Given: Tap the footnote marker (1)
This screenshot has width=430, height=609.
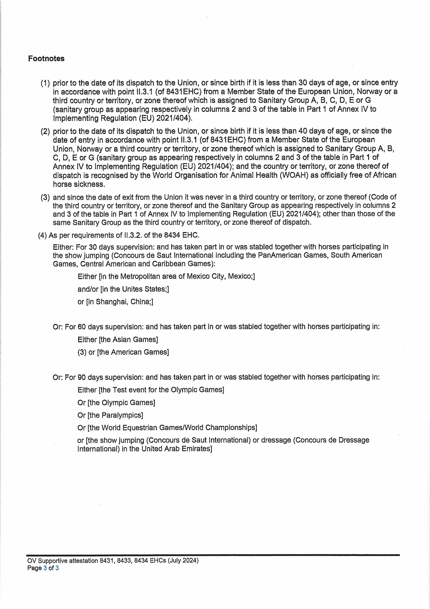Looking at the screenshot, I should (x=45, y=83).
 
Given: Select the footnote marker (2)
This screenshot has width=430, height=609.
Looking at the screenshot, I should (x=45, y=131).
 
